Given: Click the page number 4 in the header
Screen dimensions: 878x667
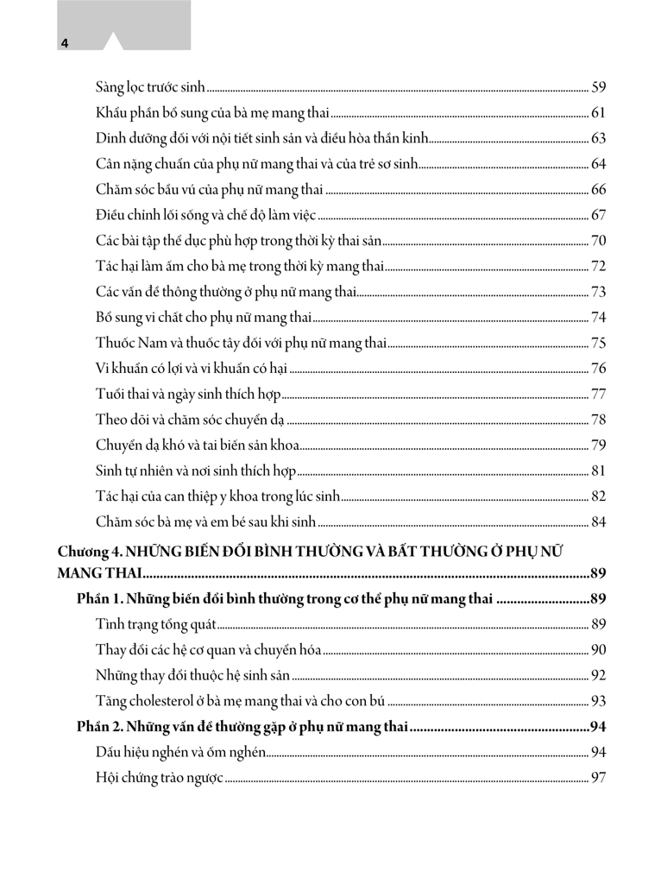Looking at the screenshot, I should (65, 42).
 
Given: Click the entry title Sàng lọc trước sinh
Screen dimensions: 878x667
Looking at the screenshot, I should (151, 87).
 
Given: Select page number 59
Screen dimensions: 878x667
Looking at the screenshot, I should (599, 87).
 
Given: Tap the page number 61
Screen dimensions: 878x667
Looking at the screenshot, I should (599, 113).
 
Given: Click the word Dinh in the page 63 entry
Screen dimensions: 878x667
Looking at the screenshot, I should (108, 138).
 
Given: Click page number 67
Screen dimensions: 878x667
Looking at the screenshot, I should (599, 215).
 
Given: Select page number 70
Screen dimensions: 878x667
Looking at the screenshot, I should (599, 241).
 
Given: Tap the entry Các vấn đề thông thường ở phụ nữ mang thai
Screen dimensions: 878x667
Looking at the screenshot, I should (226, 292).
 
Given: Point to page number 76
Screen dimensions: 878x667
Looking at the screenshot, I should (599, 369).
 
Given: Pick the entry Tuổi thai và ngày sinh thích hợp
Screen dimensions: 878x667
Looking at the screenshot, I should (188, 395).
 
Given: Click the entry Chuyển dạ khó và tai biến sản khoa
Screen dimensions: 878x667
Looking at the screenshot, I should (198, 445).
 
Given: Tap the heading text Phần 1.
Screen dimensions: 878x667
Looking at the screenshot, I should (100, 599).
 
